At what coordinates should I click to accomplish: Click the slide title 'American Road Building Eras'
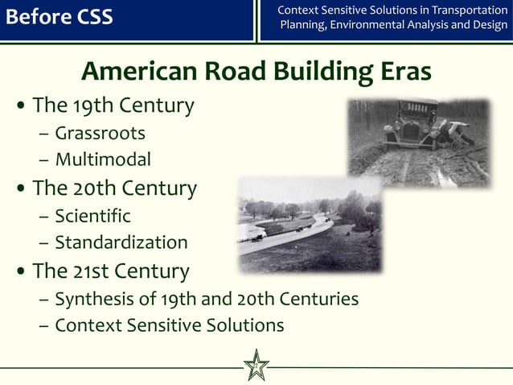[256, 72]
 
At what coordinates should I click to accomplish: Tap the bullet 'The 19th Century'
[113, 106]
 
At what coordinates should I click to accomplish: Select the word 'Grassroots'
[100, 132]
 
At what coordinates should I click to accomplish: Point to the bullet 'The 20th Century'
[114, 188]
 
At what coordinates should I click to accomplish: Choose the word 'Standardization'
[121, 242]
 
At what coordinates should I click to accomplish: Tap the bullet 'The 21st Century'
[110, 271]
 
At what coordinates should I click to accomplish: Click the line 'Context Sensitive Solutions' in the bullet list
[169, 325]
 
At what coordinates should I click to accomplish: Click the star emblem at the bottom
[256, 366]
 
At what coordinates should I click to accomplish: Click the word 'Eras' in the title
[403, 72]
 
